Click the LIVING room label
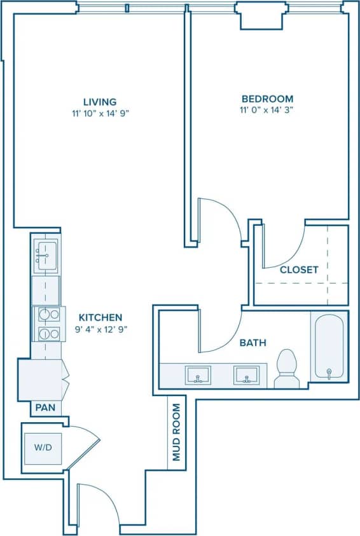[x=100, y=102]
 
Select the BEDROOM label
[x=267, y=99]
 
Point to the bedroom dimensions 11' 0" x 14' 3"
[x=267, y=110]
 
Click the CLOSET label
[x=299, y=270]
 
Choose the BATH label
[x=253, y=343]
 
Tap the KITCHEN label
[x=100, y=317]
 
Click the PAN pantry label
[x=44, y=407]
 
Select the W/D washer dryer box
[x=44, y=448]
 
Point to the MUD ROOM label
[x=176, y=432]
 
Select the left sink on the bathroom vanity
[x=198, y=375]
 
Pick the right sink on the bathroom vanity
[x=246, y=375]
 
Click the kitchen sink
[x=46, y=252]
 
